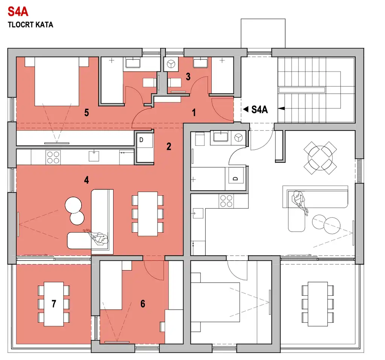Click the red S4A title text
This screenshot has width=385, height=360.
[18, 12]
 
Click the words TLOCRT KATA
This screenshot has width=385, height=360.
[30, 25]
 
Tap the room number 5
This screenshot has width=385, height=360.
[86, 113]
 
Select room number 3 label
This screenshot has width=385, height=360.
[188, 77]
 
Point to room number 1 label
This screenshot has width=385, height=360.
[194, 113]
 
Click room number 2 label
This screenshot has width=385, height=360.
[169, 147]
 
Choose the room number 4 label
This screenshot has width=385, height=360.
[86, 180]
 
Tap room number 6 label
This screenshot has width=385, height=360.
[142, 304]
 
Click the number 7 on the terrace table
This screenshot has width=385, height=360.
[54, 304]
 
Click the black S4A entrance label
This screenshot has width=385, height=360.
[259, 109]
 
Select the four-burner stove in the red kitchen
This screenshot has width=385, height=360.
[53, 157]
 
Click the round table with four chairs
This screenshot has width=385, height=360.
[320, 158]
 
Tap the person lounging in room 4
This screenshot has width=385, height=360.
[98, 237]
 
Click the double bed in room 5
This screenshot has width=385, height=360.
[57, 82]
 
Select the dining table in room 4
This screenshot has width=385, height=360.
[147, 214]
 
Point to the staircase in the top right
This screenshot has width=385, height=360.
[316, 90]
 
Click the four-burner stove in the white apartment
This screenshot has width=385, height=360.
[226, 201]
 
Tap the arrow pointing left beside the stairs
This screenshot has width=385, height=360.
[281, 109]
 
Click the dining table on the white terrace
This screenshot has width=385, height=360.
[318, 304]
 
